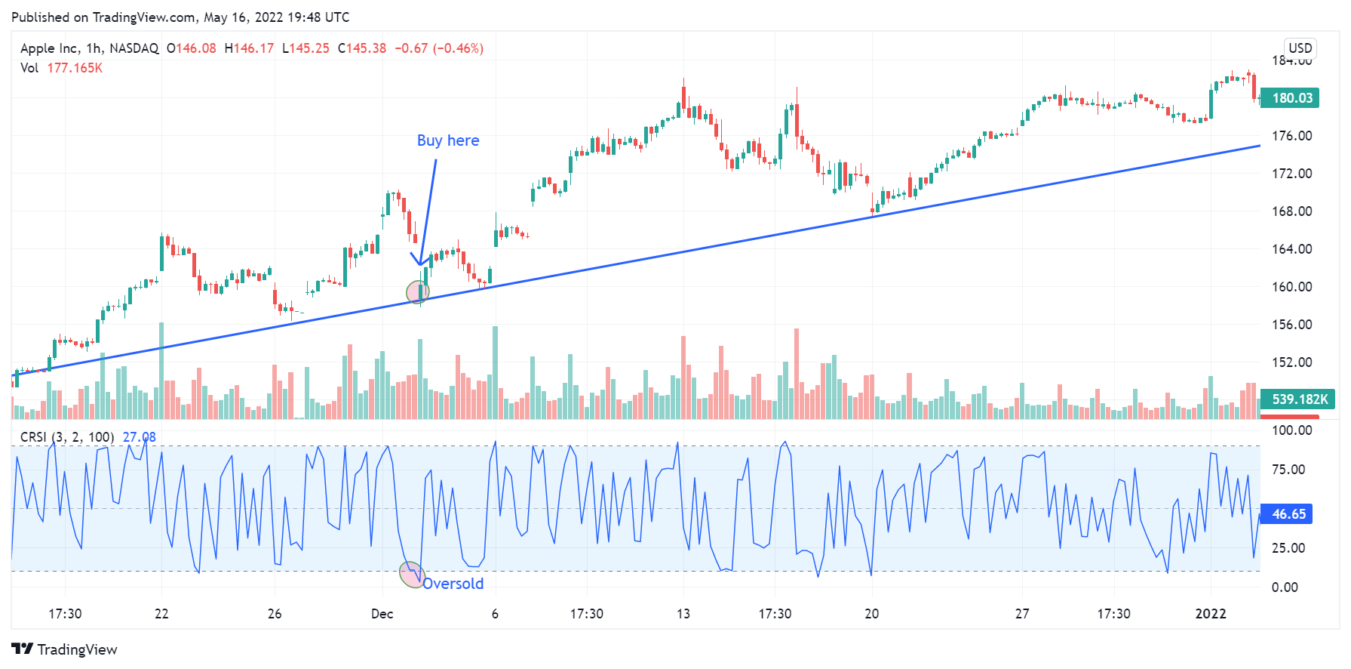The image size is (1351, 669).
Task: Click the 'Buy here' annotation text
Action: (x=447, y=140)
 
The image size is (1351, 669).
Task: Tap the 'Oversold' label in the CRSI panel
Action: (x=453, y=584)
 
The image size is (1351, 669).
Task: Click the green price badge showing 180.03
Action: (x=1291, y=98)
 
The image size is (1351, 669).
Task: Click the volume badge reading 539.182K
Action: (x=1299, y=399)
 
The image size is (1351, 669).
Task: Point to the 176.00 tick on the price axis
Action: (x=1291, y=136)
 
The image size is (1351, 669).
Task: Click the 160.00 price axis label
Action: (x=1291, y=287)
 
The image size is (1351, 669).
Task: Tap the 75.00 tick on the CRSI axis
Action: (x=1288, y=470)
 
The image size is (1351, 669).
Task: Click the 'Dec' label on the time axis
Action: (x=382, y=614)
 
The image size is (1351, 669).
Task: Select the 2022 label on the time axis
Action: (x=1210, y=614)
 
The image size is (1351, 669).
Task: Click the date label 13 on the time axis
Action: (x=683, y=614)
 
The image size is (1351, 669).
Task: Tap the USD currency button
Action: (x=1300, y=48)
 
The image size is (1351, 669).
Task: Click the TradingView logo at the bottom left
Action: (x=65, y=649)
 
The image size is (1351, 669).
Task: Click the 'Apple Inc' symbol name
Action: (x=49, y=48)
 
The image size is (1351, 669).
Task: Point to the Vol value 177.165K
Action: (x=75, y=68)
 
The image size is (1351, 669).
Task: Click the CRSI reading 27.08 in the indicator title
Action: (x=139, y=437)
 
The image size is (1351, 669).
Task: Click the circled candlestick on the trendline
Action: (x=418, y=292)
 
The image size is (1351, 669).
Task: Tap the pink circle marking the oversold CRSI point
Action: (x=411, y=575)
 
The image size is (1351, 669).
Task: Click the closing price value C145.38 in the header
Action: (x=362, y=48)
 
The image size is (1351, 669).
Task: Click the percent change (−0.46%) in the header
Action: (x=459, y=48)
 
